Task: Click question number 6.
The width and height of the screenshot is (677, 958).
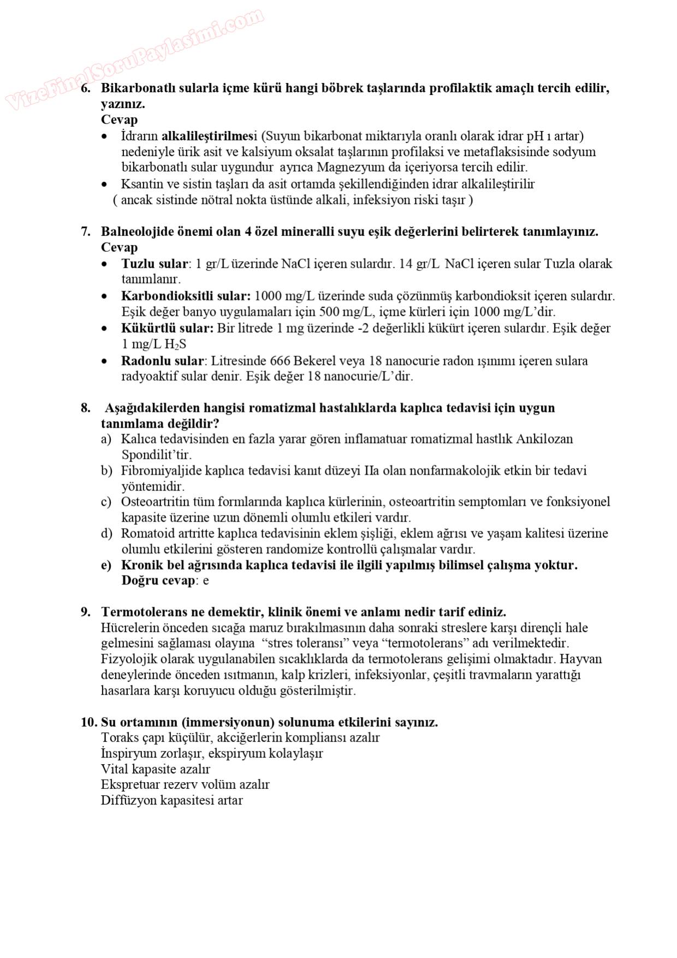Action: point(86,88)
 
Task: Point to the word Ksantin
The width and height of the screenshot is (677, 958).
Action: point(140,184)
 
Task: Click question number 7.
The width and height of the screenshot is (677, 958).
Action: point(86,232)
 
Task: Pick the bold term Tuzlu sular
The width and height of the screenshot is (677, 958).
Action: point(155,264)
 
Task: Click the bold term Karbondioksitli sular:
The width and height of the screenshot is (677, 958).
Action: point(186,296)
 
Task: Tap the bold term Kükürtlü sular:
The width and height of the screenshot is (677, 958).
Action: point(167,328)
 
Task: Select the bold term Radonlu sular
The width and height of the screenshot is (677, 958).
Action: point(162,361)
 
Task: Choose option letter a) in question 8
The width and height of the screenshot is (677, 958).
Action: point(106,439)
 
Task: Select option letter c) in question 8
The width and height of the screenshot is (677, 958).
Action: point(106,502)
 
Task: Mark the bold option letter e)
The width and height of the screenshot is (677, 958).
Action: point(106,565)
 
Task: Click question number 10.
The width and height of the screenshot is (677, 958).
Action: point(88,722)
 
